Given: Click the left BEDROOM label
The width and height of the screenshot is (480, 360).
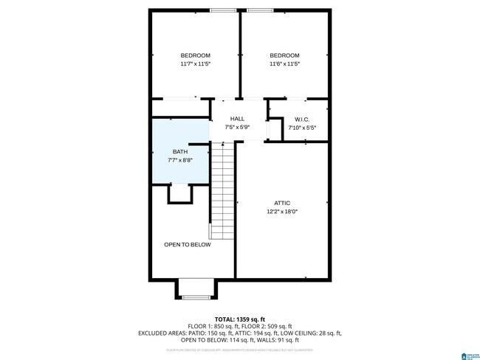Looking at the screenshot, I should pos(196,56).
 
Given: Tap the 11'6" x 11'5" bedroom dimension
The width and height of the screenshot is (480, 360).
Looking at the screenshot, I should pos(284,64).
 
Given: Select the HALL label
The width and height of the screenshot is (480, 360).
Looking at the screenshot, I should pos(237,119).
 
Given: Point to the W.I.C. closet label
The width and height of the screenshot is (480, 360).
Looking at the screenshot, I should pos(301,120).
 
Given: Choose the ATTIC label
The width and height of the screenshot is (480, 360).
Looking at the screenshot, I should pos(282,203).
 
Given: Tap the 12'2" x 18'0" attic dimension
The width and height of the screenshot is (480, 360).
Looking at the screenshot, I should pos(282,212).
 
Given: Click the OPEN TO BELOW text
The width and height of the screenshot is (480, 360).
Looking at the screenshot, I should pos(188,244).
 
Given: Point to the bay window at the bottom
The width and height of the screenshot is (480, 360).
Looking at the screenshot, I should pos(196,296).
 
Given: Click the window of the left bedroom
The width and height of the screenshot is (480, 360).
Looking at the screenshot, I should pos(224,10).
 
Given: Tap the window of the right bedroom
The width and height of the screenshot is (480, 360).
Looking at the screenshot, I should pos(260,10).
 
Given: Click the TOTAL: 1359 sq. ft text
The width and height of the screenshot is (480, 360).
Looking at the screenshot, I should pos(240,318).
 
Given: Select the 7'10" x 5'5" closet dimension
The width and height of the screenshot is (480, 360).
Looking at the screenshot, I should pos(301,128).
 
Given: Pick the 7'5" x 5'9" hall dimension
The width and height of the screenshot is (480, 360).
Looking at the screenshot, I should pos(237,127).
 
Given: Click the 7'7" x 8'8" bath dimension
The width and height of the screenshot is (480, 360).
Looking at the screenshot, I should pos(180,160).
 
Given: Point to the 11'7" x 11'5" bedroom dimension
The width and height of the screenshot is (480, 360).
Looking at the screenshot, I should pos(196,64).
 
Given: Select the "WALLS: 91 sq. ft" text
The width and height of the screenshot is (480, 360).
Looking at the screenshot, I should pos(277,340).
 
